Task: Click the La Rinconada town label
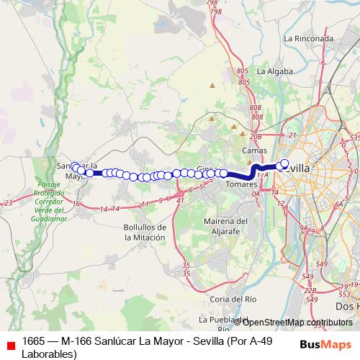click(x=309, y=38)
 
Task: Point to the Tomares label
click(x=242, y=184)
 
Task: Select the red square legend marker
click(x=10, y=346)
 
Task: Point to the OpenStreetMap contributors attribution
click(x=297, y=323)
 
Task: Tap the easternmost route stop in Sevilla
click(x=284, y=163)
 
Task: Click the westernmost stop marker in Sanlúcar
click(x=73, y=166)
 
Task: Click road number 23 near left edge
click(x=8, y=203)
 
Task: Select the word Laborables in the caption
click(x=49, y=354)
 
